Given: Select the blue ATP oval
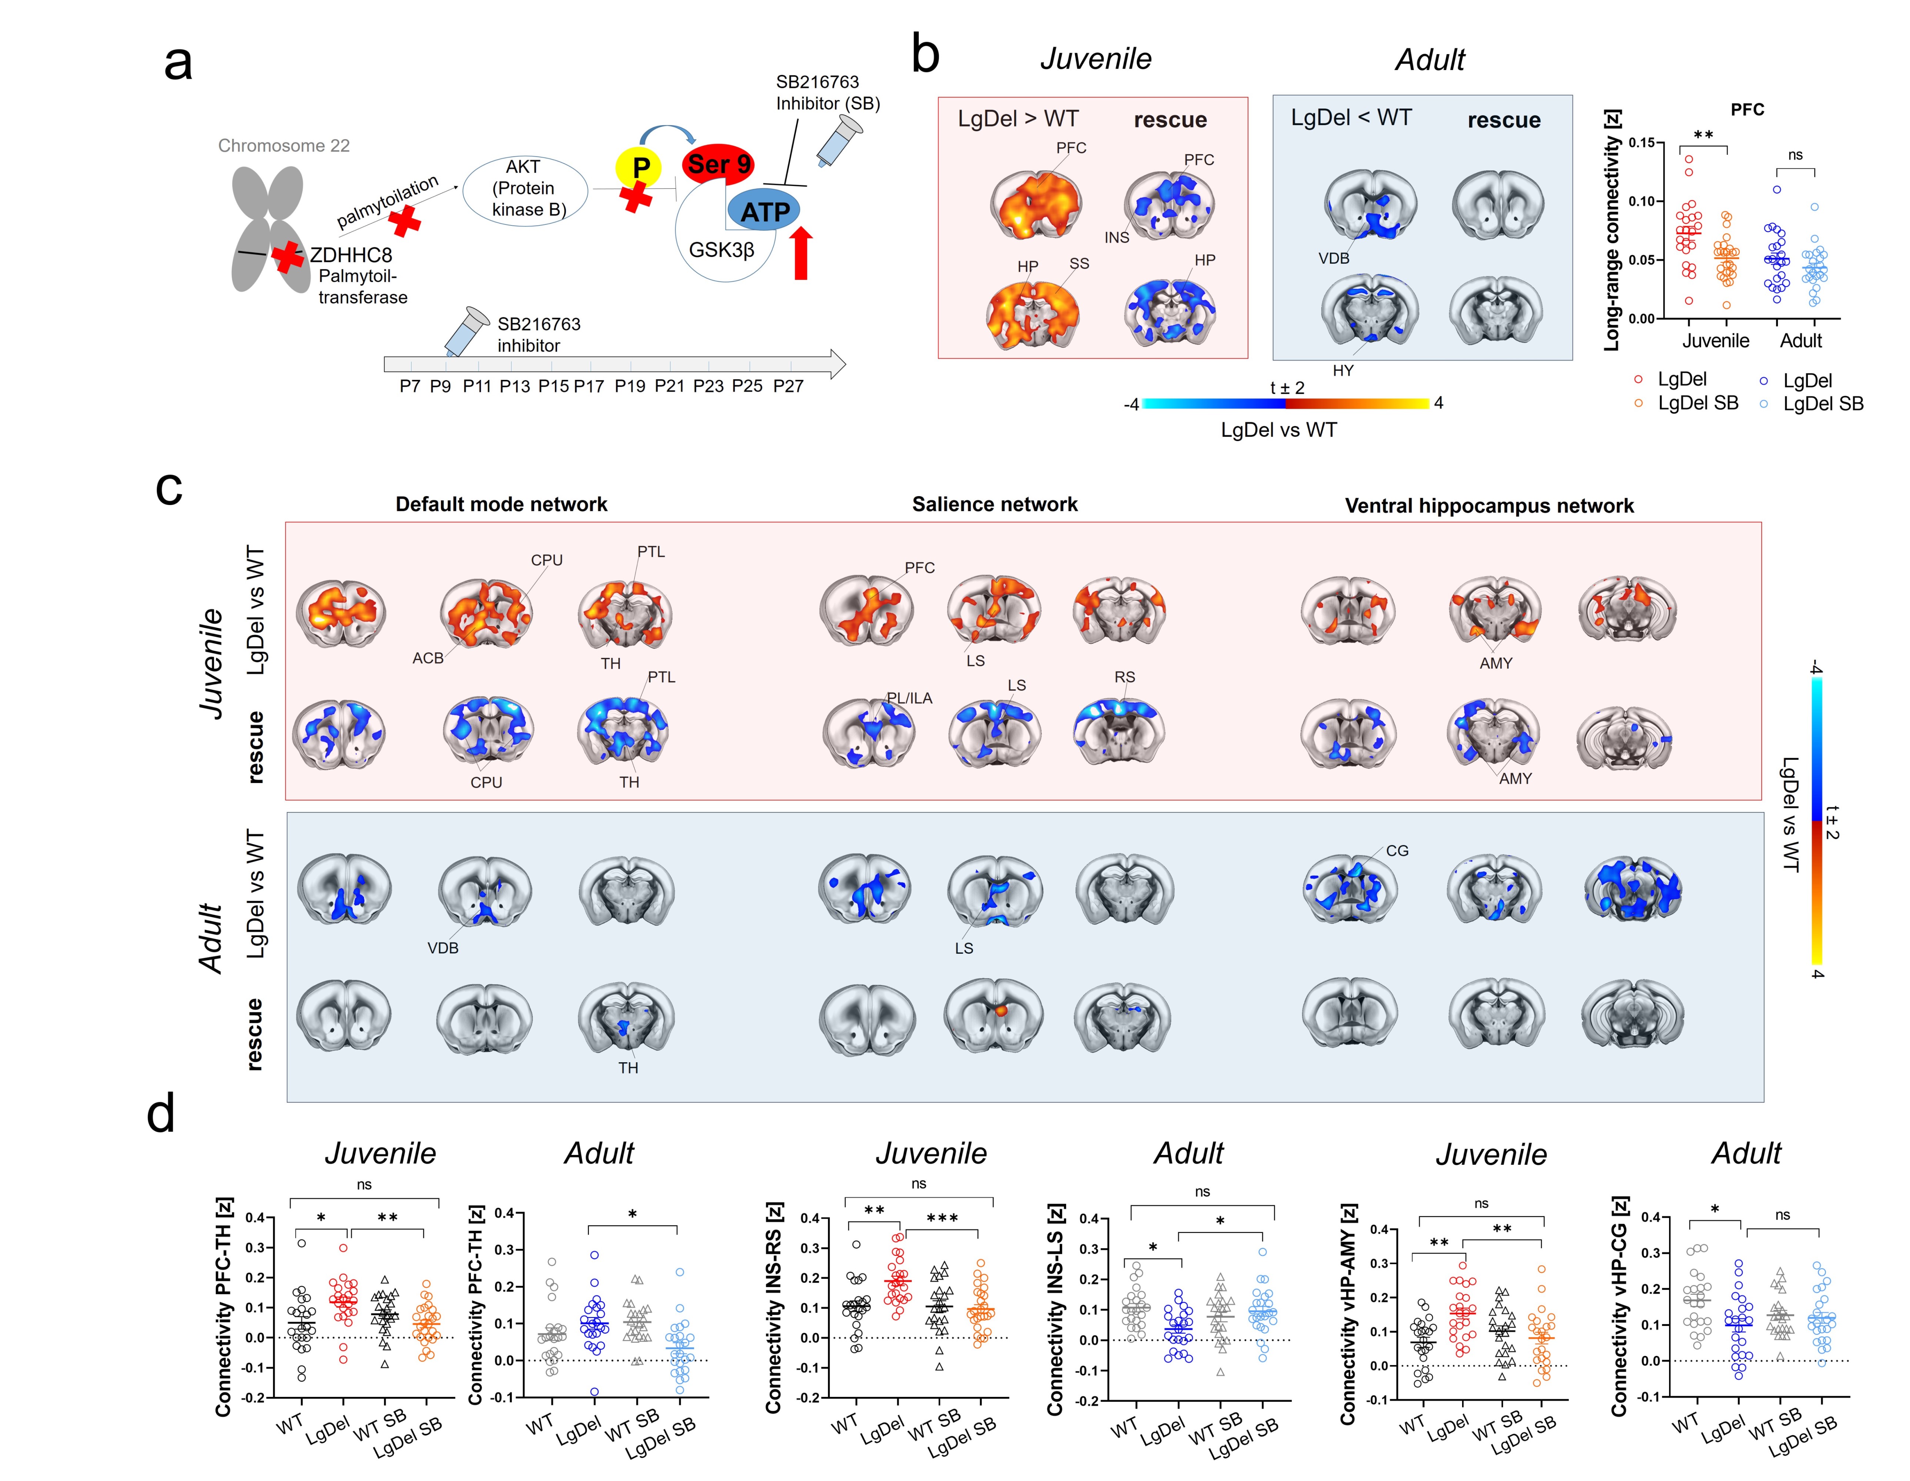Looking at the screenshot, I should [764, 212].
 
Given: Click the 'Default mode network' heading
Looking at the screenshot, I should [501, 505].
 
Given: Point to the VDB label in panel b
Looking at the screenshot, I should [1334, 258].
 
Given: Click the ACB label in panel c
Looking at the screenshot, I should [428, 658].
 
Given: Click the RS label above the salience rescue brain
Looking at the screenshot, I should [1125, 677].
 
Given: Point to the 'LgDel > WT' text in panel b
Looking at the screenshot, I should [1018, 119].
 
